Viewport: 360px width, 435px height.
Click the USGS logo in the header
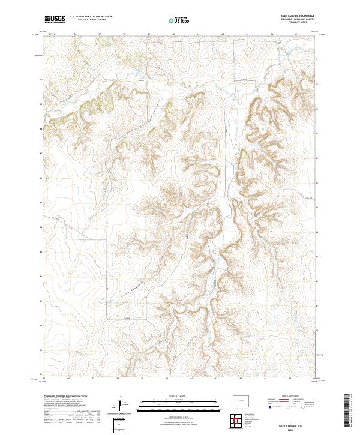[55, 19]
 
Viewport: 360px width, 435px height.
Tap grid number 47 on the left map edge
[41, 154]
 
